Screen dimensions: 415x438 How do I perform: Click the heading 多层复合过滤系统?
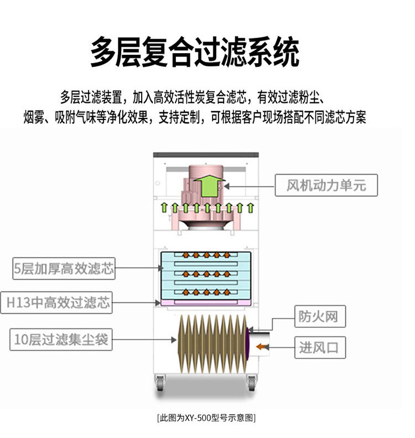click(x=195, y=52)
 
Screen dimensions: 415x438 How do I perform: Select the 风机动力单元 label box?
click(x=326, y=185)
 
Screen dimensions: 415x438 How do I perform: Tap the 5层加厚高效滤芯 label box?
click(x=64, y=268)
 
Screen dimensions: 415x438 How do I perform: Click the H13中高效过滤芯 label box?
click(x=56, y=303)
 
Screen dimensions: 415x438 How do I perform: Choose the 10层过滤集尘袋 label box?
click(x=61, y=340)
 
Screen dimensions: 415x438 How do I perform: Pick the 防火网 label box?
click(x=320, y=316)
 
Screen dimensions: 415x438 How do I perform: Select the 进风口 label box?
click(x=320, y=347)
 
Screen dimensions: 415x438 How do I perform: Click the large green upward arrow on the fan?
click(x=209, y=185)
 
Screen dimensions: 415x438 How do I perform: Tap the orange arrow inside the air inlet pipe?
click(x=261, y=347)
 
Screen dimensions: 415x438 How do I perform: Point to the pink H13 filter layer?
click(x=206, y=303)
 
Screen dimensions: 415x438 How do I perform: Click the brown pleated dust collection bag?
click(x=212, y=344)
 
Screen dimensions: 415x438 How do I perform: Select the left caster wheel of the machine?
click(x=160, y=383)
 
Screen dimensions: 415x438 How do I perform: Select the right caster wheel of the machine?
click(x=252, y=383)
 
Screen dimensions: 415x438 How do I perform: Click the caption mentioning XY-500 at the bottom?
click(x=206, y=418)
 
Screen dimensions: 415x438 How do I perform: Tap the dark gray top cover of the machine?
click(x=206, y=155)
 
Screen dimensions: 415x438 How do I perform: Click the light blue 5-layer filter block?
click(x=206, y=275)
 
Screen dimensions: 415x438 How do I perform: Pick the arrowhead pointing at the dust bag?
click(x=174, y=340)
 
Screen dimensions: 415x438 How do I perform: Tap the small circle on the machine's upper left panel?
click(x=158, y=183)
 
